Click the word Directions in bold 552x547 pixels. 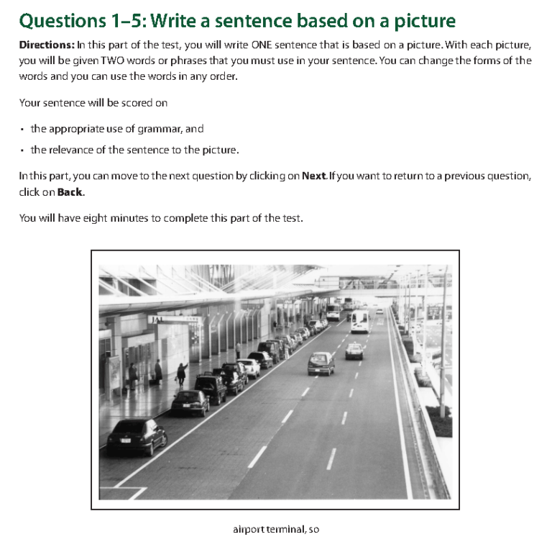[x=47, y=45]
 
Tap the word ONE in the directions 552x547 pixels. [x=262, y=45]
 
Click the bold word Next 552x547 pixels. [x=314, y=176]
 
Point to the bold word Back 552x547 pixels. [x=70, y=192]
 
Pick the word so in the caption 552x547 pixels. [x=314, y=530]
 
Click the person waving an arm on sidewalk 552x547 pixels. [x=182, y=374]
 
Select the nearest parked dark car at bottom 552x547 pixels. [x=137, y=436]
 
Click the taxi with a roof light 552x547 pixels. [x=354, y=351]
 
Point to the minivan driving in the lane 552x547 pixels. [x=321, y=363]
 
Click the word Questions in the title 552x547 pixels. [x=63, y=21]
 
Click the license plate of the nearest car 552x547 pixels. [x=126, y=440]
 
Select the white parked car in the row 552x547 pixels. [x=249, y=368]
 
